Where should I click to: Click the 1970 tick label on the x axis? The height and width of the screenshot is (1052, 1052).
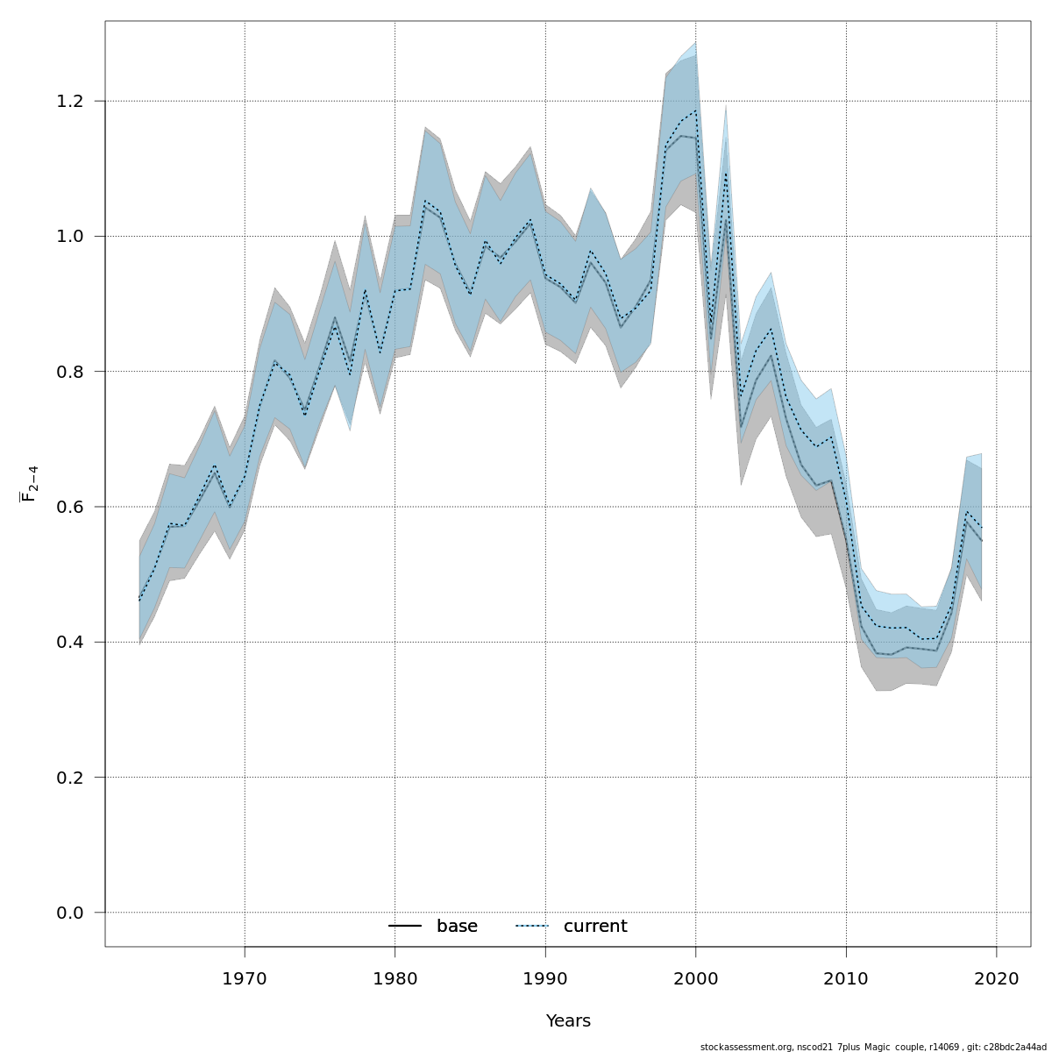(x=245, y=977)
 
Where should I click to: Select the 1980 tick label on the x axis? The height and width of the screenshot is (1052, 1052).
(x=394, y=977)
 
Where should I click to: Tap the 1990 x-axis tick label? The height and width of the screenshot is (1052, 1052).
(x=545, y=977)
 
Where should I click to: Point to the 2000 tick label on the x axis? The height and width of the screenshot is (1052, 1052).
(x=696, y=977)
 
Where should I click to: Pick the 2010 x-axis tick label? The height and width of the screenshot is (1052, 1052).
(x=846, y=977)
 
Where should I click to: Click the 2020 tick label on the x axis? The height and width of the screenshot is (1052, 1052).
(x=997, y=977)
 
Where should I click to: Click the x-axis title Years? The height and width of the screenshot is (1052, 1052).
(x=568, y=1021)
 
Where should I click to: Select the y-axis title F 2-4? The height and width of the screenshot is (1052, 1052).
(x=29, y=484)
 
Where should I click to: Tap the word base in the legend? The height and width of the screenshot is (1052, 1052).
(x=457, y=927)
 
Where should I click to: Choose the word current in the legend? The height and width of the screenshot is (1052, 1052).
(x=595, y=927)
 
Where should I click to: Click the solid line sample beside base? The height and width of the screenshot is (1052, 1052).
(x=405, y=927)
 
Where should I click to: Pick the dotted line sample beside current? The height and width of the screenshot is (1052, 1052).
(x=531, y=927)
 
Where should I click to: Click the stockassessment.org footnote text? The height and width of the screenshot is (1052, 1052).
(x=872, y=1047)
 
